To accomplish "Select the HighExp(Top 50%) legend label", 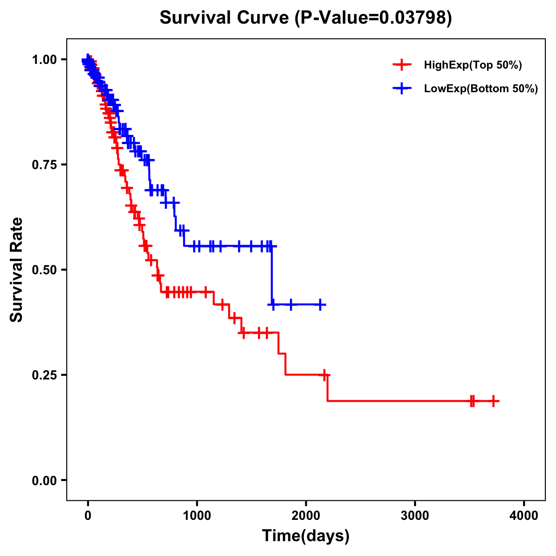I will click(x=473, y=65).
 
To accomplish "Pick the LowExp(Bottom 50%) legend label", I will click(x=481, y=89).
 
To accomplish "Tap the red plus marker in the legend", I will click(x=402, y=65).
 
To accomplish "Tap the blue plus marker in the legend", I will click(x=402, y=88).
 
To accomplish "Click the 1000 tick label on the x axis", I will click(x=197, y=515).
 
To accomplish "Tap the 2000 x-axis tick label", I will click(x=306, y=515).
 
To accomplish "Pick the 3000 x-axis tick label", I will click(x=415, y=515).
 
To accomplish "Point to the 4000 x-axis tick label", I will click(x=524, y=515).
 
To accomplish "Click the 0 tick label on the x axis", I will click(x=88, y=515).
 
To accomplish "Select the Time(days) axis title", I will click(x=306, y=536).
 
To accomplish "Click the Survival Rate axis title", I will click(x=17, y=270).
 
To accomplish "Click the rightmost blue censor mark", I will click(x=320, y=304).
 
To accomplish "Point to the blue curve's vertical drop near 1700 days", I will click(x=272, y=276).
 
